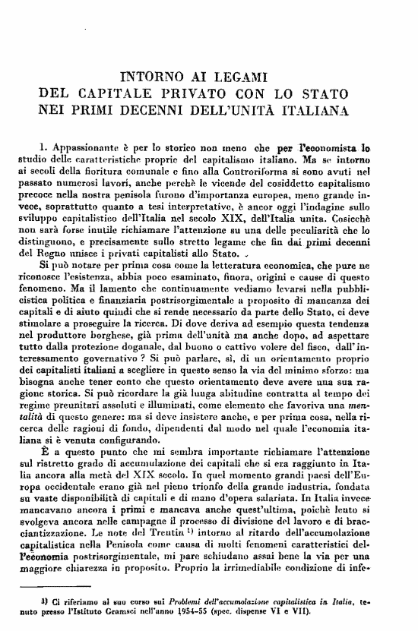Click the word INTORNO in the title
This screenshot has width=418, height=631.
(151, 76)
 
